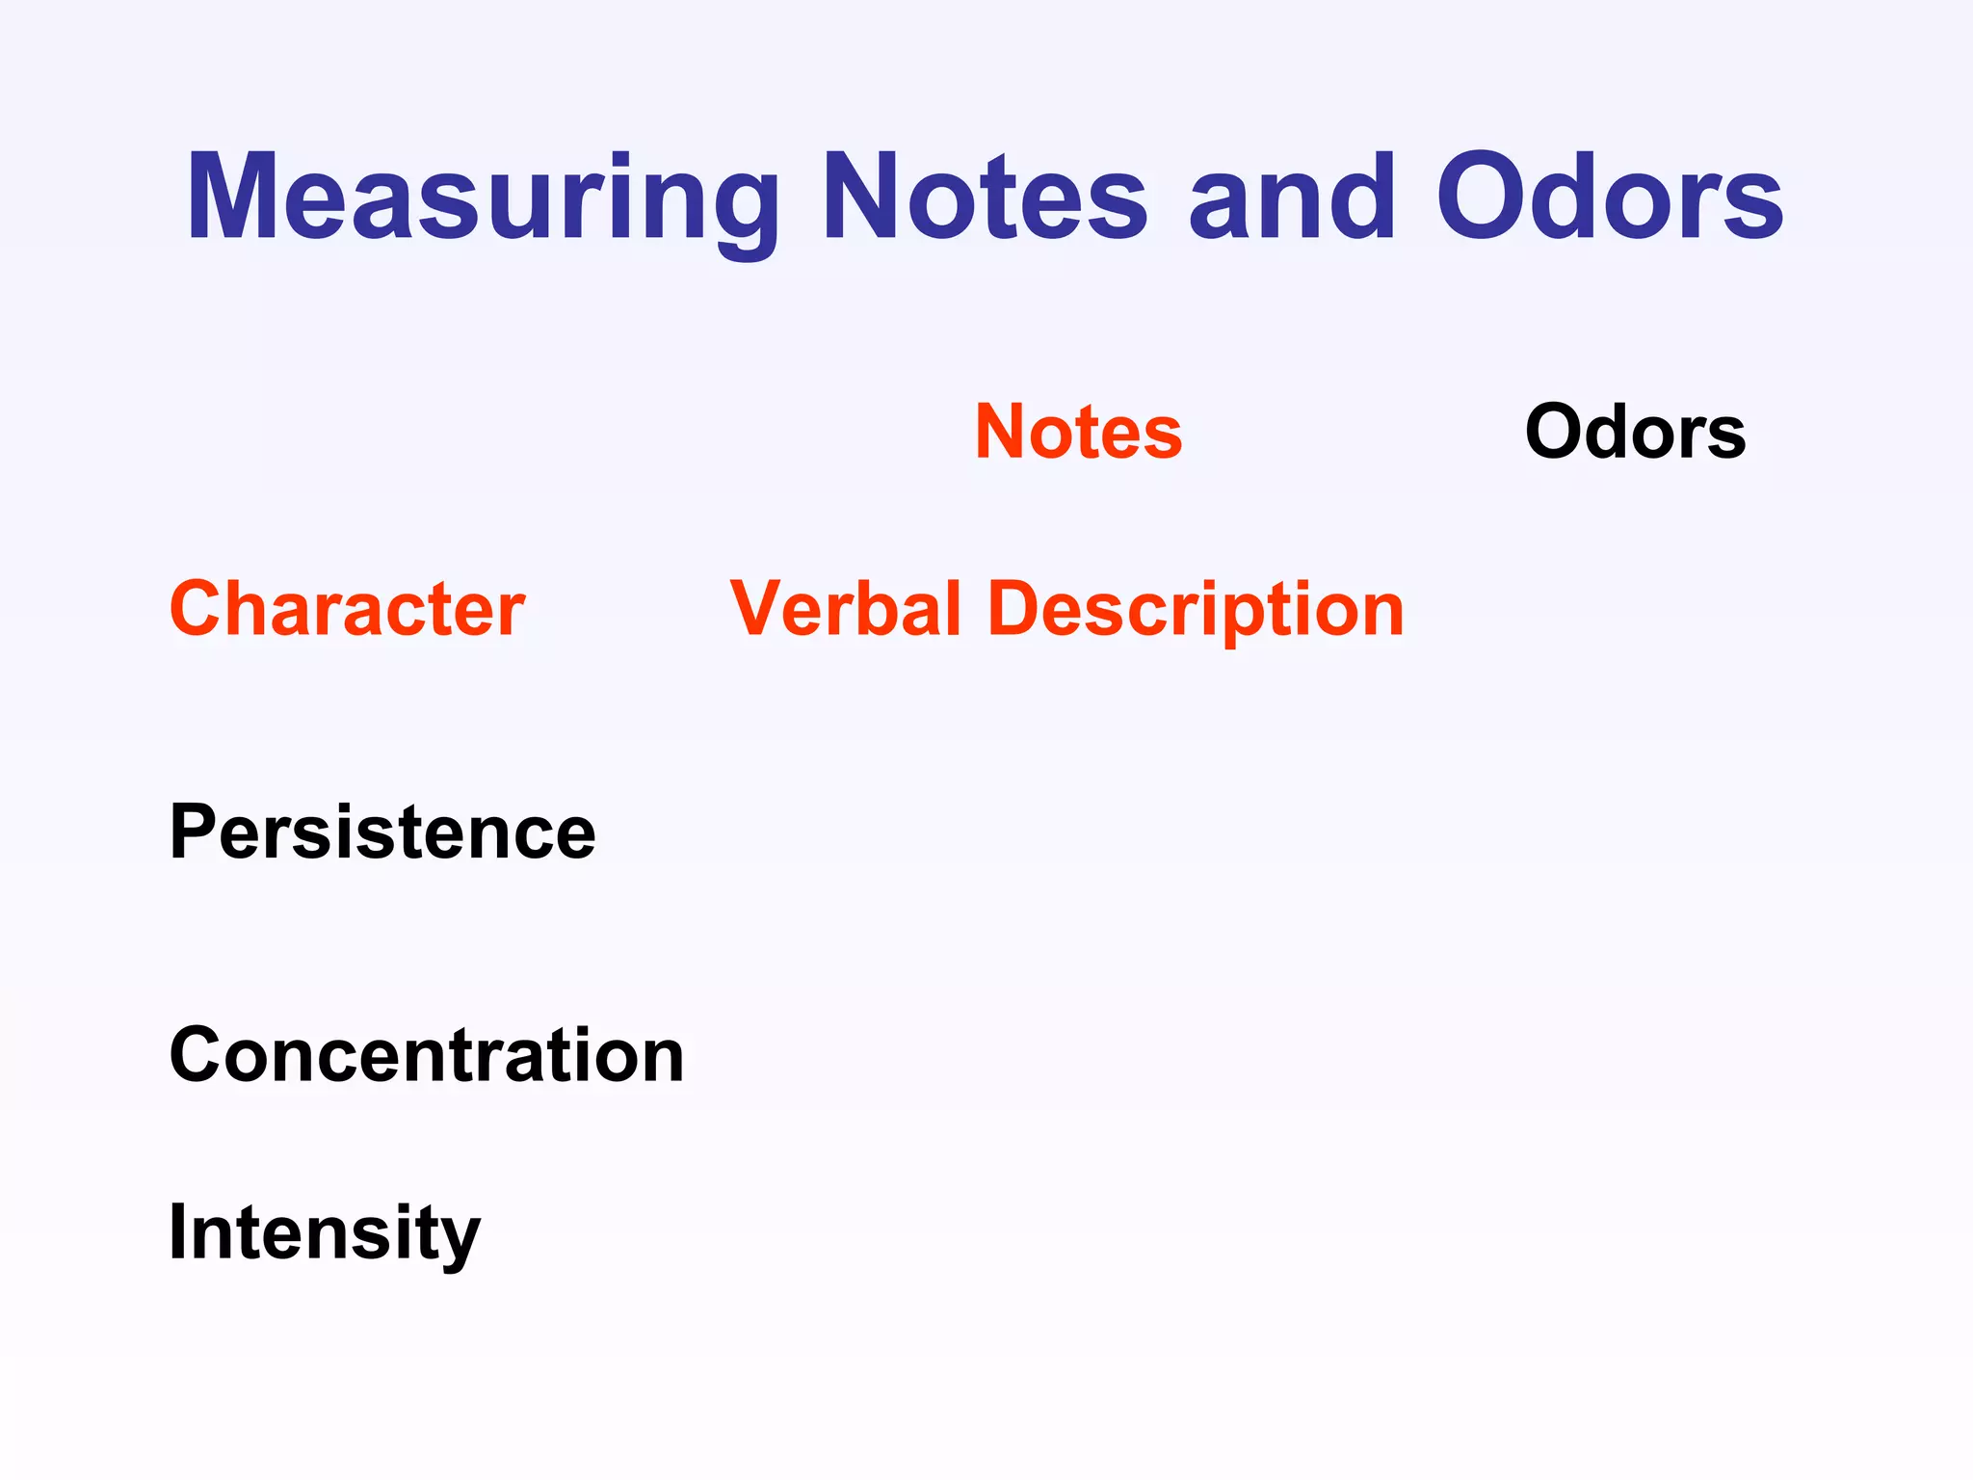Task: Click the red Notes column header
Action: (x=1078, y=432)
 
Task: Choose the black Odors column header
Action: (x=1635, y=432)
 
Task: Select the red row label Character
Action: (x=347, y=609)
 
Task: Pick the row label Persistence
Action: (x=382, y=832)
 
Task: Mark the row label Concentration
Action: (x=426, y=1055)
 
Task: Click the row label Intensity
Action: (x=324, y=1233)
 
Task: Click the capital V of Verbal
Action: (x=761, y=609)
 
